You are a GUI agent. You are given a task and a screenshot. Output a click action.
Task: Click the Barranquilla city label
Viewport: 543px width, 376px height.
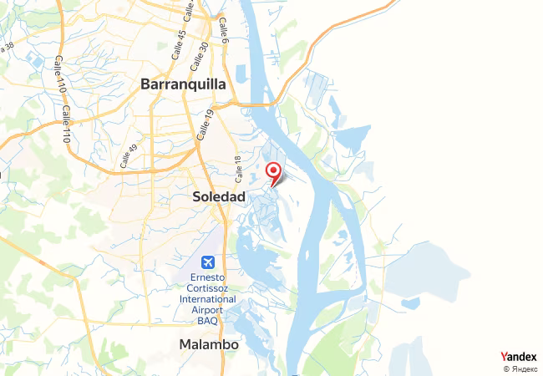coord(183,84)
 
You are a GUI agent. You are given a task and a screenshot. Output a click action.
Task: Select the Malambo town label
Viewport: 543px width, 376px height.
coord(209,344)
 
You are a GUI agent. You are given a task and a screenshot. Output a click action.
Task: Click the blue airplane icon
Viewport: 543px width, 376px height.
coord(206,262)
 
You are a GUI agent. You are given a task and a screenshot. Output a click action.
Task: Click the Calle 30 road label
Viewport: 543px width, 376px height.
coord(198,55)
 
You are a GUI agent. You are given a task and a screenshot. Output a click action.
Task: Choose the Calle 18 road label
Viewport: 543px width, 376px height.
coord(238,169)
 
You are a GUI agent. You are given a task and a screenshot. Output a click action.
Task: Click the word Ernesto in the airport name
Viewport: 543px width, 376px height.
coord(206,278)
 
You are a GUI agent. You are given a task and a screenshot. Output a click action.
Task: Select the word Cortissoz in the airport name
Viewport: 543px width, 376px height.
coord(206,289)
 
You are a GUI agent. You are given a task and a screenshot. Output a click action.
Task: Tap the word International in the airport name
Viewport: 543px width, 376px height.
coord(206,299)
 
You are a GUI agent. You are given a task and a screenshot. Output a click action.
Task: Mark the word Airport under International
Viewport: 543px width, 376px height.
coord(206,310)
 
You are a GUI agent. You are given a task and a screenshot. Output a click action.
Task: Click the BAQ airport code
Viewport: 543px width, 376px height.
coord(206,321)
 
